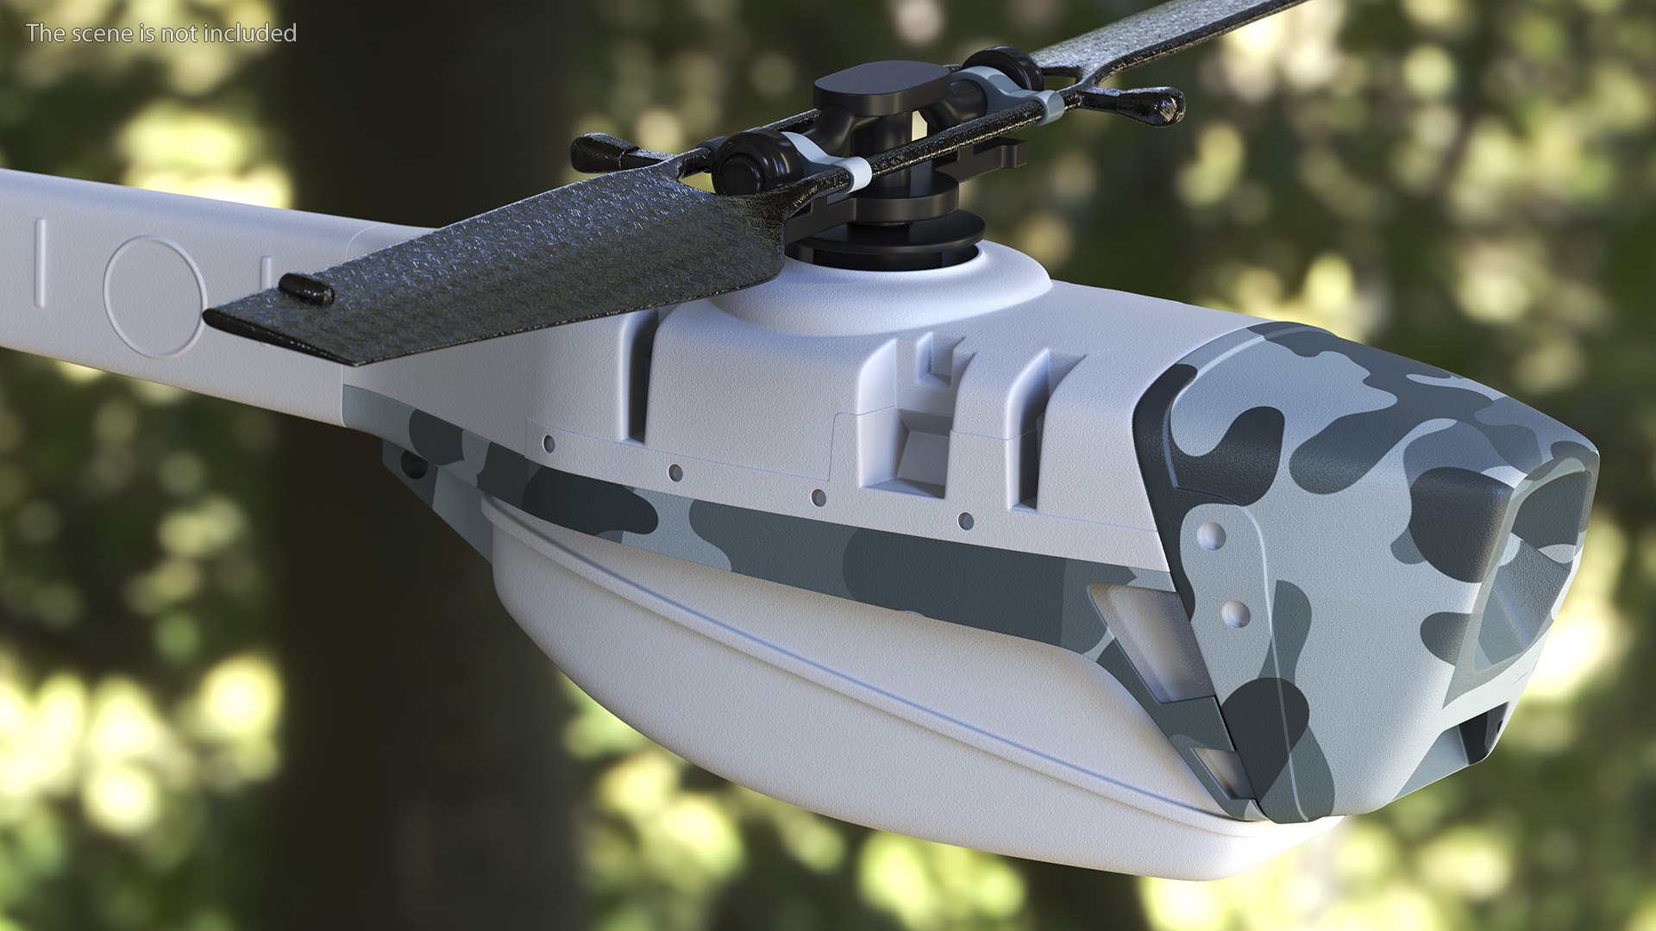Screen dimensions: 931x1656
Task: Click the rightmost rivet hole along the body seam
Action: point(966,521)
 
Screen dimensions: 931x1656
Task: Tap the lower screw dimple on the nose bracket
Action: point(1235,613)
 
